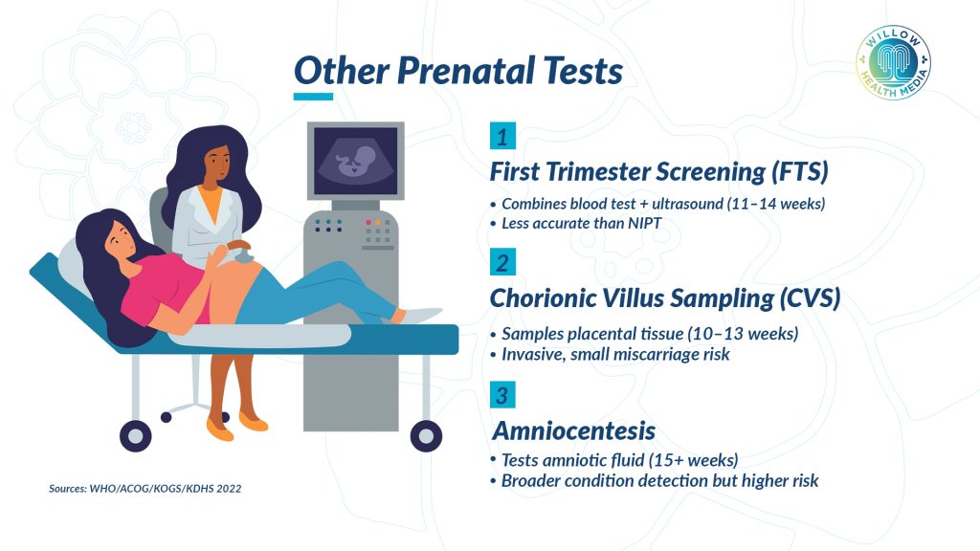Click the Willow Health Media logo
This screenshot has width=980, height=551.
[893, 62]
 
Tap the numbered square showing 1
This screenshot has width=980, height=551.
[502, 136]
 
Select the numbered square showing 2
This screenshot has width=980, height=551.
[502, 262]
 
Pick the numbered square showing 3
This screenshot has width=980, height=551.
[502, 394]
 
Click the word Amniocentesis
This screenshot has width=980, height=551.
[574, 430]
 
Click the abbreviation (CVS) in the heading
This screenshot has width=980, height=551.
[810, 298]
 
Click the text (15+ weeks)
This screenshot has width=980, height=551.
[693, 460]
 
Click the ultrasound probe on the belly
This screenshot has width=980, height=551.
[241, 253]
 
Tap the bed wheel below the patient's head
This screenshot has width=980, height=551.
[136, 435]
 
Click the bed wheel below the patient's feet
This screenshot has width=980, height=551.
[426, 435]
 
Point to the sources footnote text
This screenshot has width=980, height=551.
[145, 489]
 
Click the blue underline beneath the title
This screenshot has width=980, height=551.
[313, 97]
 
